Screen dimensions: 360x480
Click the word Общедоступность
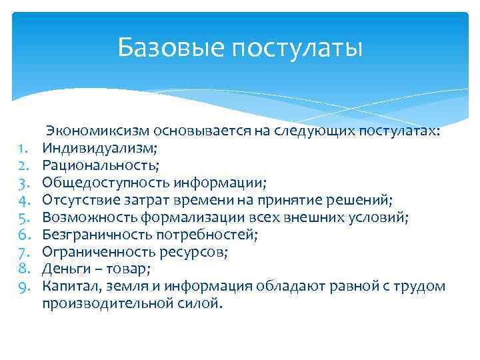point(107,181)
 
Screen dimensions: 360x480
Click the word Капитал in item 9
point(69,287)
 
